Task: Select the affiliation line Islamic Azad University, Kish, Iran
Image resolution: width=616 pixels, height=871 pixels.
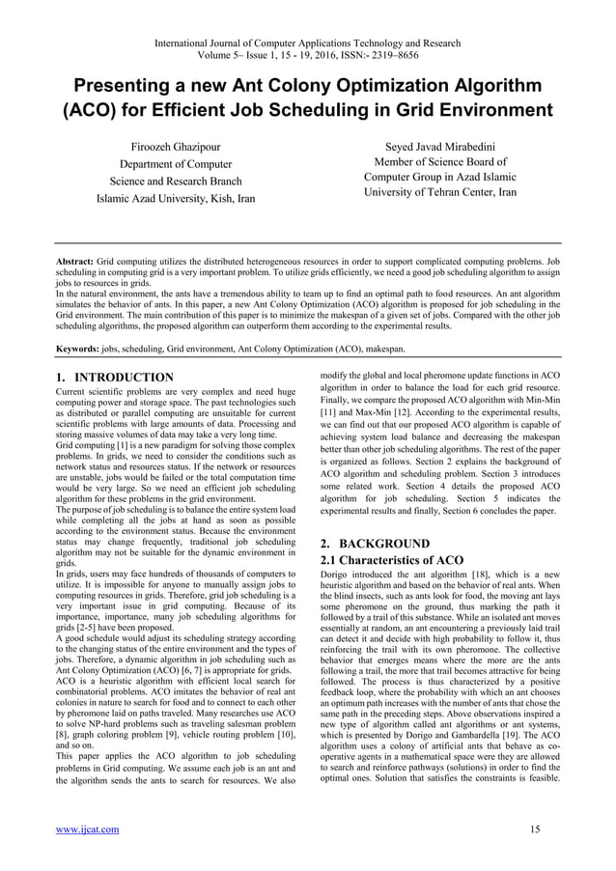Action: coord(175,200)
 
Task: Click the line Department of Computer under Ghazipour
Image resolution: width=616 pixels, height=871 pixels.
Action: coord(175,164)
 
